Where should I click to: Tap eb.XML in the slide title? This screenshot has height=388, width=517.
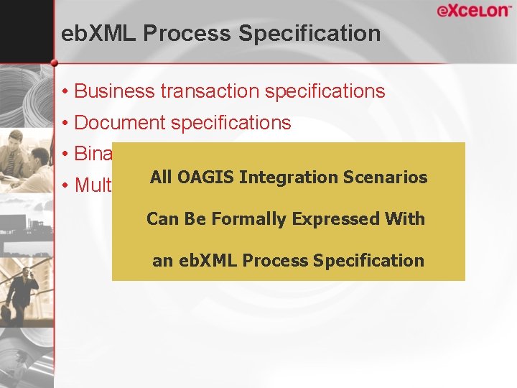tap(96, 34)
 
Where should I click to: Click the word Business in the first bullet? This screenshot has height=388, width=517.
tap(114, 91)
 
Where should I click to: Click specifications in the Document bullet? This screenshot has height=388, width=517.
tap(231, 123)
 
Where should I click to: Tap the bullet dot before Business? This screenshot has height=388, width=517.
tap(65, 92)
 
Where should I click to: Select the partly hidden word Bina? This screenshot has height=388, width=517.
tap(93, 154)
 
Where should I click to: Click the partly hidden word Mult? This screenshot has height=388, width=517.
tap(93, 185)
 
